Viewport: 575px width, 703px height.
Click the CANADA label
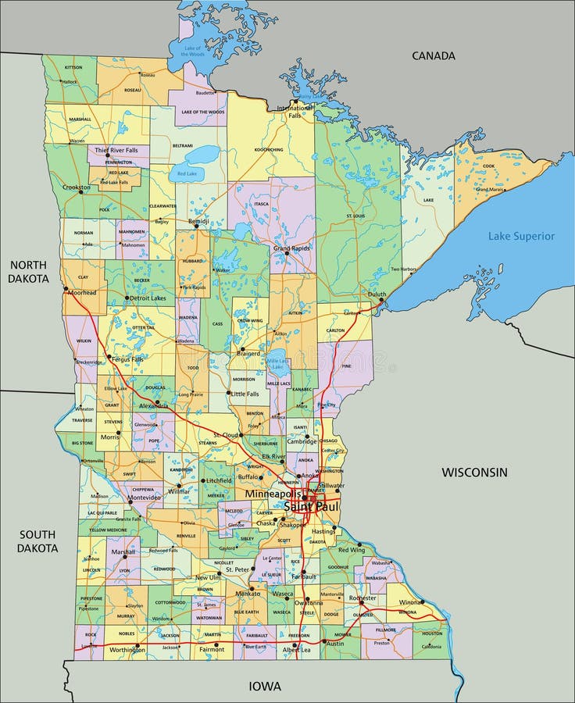433,55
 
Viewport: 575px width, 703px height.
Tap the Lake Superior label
521,236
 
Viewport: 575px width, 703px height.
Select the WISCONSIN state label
474,472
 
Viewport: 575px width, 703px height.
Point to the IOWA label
265,686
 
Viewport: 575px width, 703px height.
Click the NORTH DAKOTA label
29,272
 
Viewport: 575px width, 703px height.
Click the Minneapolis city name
273,494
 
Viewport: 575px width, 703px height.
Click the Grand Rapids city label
292,248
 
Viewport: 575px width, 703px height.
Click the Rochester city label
362,598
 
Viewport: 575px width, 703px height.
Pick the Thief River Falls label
116,149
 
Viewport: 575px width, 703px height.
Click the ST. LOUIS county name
355,215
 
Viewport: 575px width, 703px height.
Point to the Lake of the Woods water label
192,51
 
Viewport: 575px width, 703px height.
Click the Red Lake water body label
187,173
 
